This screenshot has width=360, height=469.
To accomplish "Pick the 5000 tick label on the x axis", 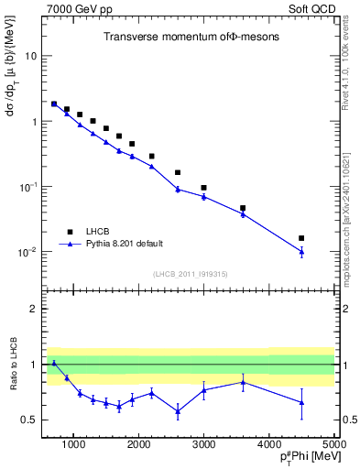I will click(x=333, y=445).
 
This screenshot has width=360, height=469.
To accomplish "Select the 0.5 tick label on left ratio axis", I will click(x=28, y=420).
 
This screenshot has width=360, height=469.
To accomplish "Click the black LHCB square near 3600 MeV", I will click(x=243, y=208).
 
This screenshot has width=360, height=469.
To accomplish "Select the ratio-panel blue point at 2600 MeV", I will click(x=178, y=410).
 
